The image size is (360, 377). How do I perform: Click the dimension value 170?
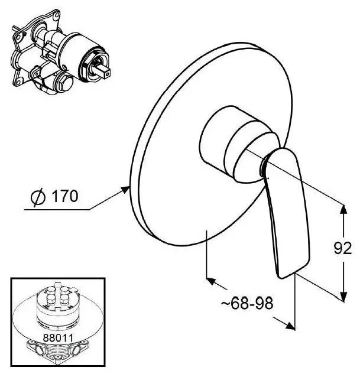[x=65, y=196]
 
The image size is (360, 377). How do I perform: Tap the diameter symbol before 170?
[x=38, y=197]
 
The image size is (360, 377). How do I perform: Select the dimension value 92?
[x=343, y=248]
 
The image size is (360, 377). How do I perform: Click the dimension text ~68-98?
[x=247, y=303]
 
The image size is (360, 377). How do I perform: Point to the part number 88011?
[x=58, y=338]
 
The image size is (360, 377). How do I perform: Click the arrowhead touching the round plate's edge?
[x=125, y=190]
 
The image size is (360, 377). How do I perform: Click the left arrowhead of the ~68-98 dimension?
[x=210, y=281]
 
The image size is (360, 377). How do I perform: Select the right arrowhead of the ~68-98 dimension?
[x=290, y=326]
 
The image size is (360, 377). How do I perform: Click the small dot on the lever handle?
[x=268, y=178]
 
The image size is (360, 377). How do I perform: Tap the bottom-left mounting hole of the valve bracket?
[x=17, y=81]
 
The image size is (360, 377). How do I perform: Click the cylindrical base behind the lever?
[x=238, y=144]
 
